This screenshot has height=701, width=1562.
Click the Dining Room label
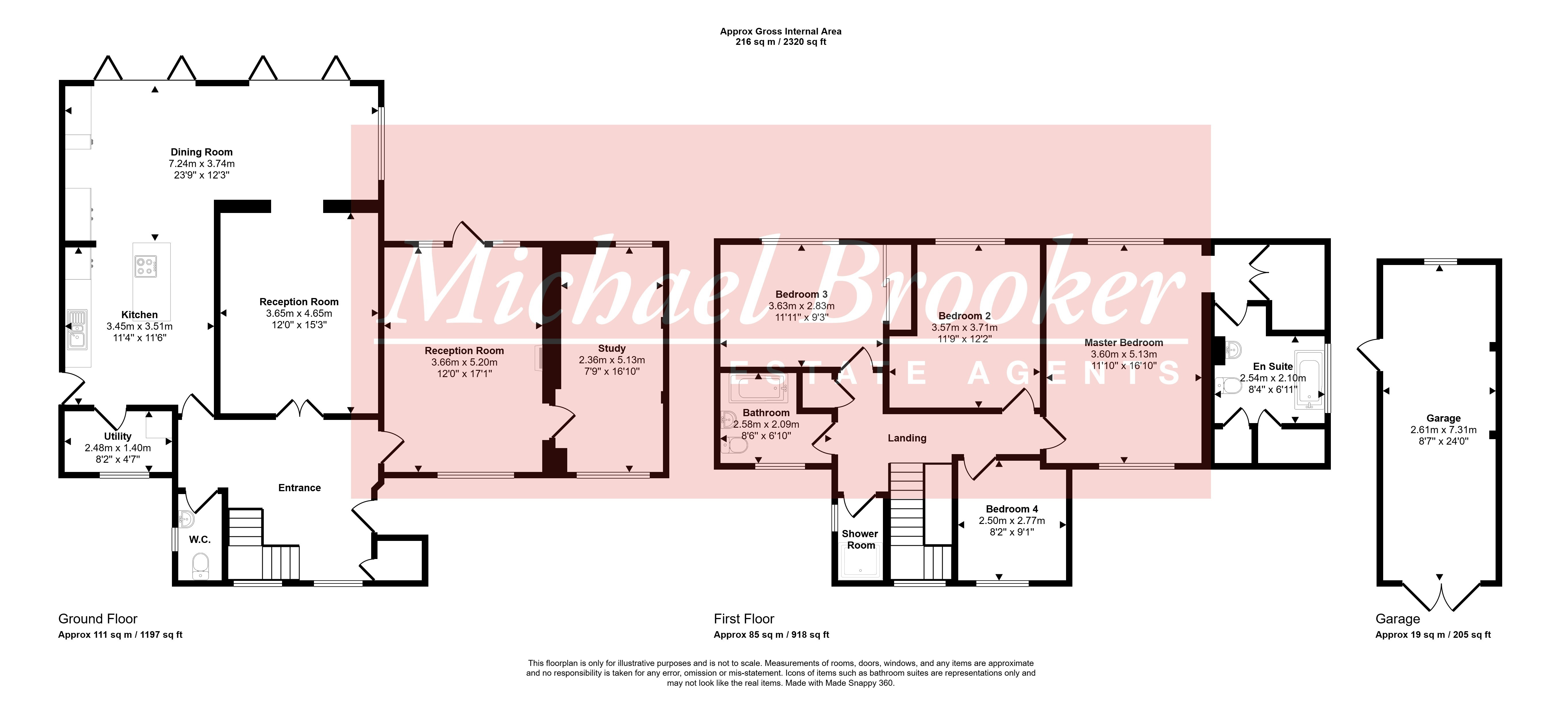201,152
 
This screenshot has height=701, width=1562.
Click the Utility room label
118,437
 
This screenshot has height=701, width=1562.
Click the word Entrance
300,488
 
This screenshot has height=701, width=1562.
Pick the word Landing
907,438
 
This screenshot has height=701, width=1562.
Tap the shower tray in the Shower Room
860,562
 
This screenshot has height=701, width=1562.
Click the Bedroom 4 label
1012,509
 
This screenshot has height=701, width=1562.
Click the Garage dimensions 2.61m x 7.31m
1444,430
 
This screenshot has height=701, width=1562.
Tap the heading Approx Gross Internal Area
781,32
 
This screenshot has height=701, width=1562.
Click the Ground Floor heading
98,619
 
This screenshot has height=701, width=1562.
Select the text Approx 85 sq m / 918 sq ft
771,635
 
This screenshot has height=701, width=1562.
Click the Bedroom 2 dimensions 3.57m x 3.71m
965,327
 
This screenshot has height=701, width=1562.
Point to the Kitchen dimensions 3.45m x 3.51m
139,326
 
